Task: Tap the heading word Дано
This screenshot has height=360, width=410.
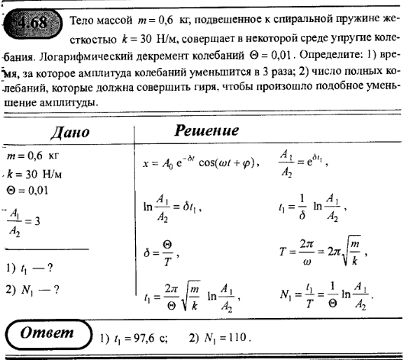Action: [x=70, y=131]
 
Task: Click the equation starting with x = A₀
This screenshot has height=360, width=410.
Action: [x=200, y=162]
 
